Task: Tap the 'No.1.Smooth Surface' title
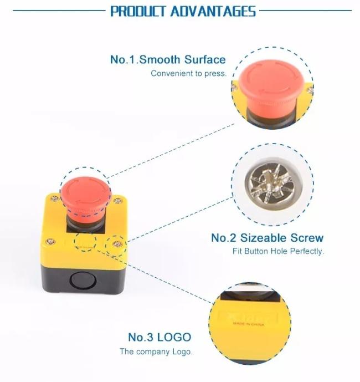coord(168,59)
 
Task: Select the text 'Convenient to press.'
coord(188,73)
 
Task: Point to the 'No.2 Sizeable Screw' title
coord(267,238)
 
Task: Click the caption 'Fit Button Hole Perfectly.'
coord(278,251)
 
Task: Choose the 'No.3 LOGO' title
coord(160,337)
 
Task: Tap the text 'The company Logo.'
coord(156,352)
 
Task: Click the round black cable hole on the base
coord(83,279)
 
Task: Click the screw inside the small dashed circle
coord(117,243)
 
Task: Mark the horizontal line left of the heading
coord(53,11)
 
